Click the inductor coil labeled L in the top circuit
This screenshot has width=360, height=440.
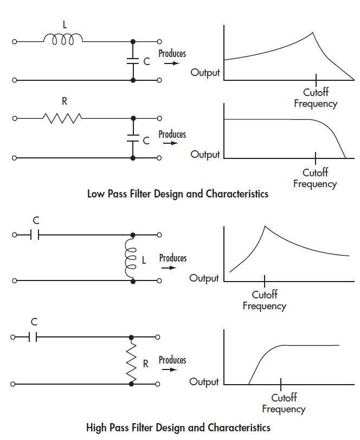tap(63, 39)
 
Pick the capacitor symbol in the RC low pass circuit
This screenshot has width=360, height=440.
tap(133, 138)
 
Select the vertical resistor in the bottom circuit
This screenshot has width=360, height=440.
tap(132, 362)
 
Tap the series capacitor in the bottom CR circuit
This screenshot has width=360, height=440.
tap(34, 337)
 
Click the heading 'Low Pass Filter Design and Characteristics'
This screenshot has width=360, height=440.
tap(177, 194)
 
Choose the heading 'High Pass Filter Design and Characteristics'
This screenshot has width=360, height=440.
tap(178, 428)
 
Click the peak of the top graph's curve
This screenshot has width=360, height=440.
tap(313, 33)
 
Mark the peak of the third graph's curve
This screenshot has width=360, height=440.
tap(265, 225)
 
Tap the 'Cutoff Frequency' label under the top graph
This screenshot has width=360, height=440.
tap(316, 98)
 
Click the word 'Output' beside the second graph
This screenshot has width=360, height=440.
tap(205, 155)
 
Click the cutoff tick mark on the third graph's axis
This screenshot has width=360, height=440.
tap(265, 280)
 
